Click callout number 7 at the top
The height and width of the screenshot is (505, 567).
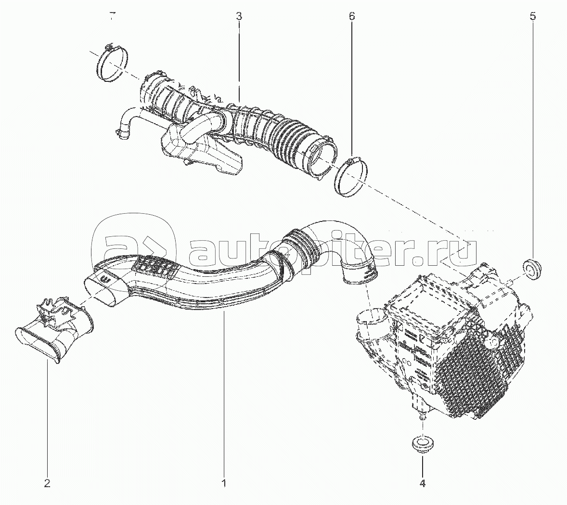113,16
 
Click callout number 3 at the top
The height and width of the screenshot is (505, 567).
239,16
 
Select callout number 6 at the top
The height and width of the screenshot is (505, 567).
352,16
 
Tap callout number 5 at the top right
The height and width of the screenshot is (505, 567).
533,16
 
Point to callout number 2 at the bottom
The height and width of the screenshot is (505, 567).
47,483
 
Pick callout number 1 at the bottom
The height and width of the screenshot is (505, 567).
224,483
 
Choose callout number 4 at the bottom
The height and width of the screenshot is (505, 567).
422,483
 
